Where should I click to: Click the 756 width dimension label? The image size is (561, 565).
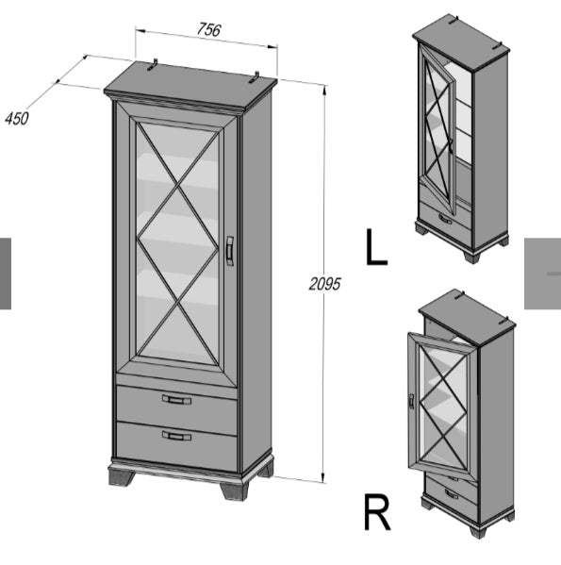[208, 29]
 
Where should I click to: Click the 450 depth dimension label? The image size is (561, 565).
[16, 118]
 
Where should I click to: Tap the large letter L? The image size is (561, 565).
[375, 246]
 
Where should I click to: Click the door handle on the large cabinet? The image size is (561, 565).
[229, 250]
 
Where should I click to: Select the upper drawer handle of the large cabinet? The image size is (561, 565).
[175, 399]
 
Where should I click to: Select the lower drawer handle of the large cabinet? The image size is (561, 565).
[175, 435]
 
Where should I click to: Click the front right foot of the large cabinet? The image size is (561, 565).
[232, 489]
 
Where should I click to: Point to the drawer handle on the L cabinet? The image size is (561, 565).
[444, 219]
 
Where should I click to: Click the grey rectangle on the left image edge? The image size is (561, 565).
[6, 274]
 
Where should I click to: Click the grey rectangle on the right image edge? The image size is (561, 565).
[542, 274]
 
